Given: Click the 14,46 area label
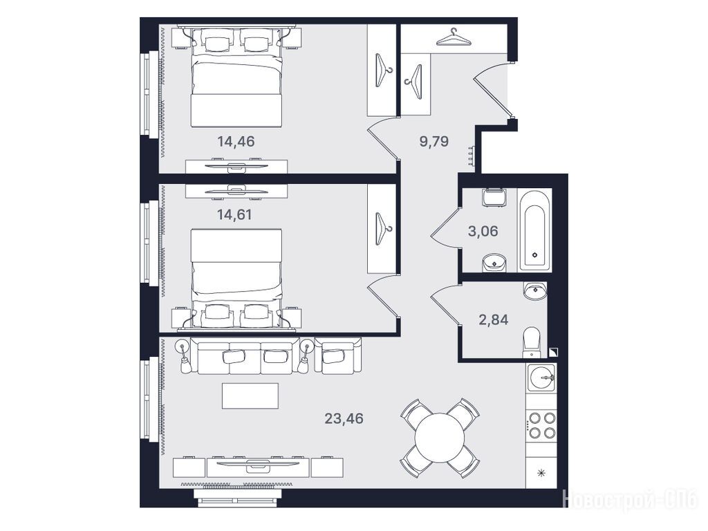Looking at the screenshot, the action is coord(236,141).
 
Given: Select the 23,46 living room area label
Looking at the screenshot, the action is coord(344,418).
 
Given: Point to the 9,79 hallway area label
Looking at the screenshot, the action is coord(434,141).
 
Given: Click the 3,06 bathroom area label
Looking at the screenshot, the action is coord(483,231).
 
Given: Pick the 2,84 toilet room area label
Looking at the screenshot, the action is coord(493,319).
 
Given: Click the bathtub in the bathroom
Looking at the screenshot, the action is coord(535,230).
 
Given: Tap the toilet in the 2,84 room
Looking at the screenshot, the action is coord(532,342).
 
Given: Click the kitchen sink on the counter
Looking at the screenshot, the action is coord(541,378).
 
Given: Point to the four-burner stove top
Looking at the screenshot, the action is coord(542,425).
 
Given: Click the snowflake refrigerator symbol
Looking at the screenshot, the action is coord(541,473).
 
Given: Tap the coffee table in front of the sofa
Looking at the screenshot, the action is coord(250,396).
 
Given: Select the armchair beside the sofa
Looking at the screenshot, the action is coord(338,355).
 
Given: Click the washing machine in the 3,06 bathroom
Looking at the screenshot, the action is coord(493,197).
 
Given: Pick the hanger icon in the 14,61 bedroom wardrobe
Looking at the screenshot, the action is coord(383,228).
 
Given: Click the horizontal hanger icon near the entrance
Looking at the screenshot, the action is coord(454,37).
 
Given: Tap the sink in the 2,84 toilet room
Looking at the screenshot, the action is coord(535,290).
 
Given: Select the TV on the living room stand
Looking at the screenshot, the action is coord(259,463).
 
